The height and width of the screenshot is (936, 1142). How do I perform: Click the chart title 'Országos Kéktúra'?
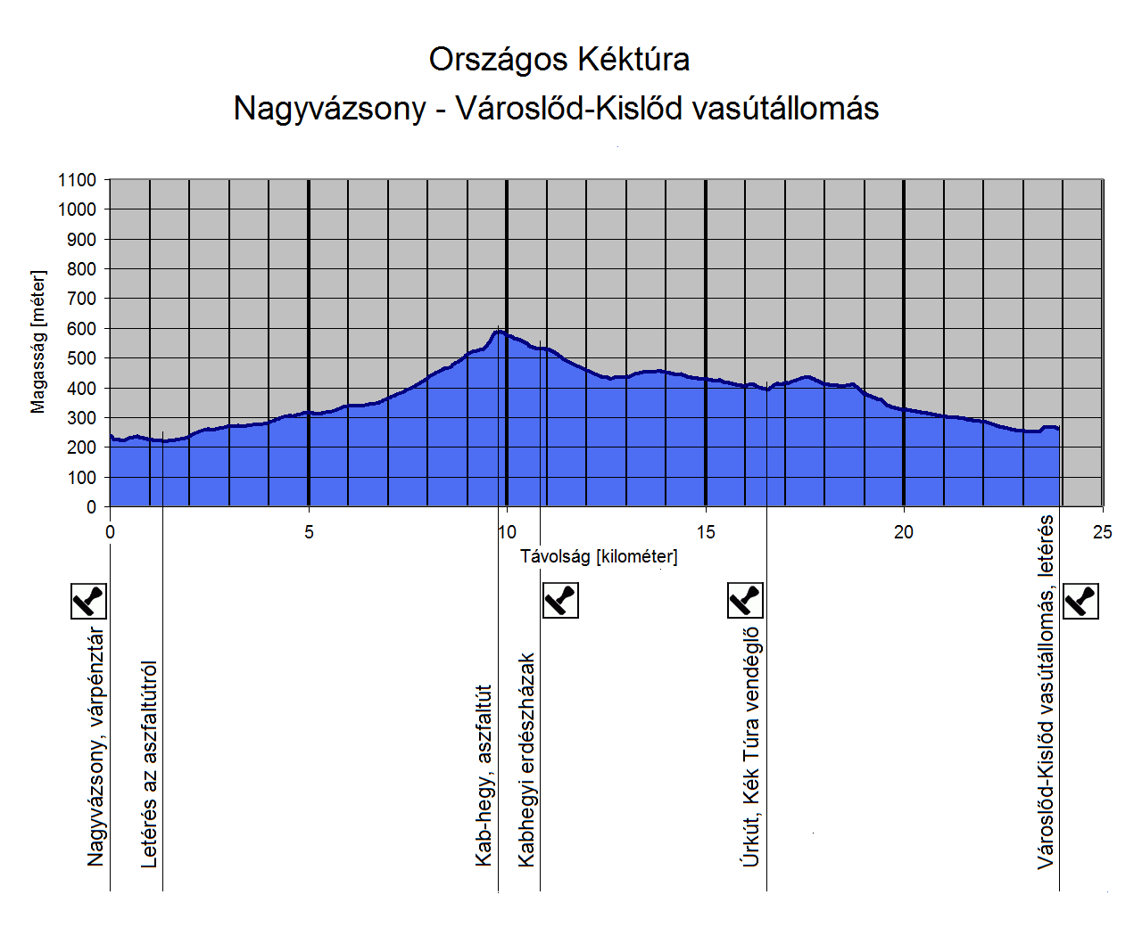coord(559,60)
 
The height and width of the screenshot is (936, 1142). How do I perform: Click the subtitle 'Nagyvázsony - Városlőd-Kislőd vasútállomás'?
coord(556,108)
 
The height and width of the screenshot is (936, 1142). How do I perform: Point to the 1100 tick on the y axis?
coord(78,180)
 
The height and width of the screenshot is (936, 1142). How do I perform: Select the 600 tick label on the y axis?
coord(81,329)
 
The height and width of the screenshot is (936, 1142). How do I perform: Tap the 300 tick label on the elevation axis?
coord(81,418)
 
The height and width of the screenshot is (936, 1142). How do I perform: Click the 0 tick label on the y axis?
coord(91,507)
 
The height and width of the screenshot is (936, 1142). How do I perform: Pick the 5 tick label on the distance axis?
coord(309,532)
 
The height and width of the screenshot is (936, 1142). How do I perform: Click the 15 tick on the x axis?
coord(706,532)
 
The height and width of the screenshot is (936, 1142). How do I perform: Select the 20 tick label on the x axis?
coord(904,532)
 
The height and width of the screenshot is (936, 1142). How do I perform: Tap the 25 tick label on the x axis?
coord(1103,532)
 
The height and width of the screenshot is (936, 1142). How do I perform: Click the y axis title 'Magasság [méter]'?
coord(37,342)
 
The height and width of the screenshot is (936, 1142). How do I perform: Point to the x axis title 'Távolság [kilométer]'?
coord(599,557)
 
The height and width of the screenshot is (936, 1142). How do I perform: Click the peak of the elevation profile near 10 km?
coord(499,332)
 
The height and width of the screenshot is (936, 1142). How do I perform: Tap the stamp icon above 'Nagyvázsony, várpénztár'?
coord(88,601)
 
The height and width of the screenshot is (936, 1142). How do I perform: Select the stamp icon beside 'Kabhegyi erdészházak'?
coord(561,600)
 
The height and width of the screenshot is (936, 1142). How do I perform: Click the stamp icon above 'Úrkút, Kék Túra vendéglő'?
coord(746,600)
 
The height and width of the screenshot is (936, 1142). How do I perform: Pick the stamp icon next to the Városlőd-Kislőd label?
coord(1081,601)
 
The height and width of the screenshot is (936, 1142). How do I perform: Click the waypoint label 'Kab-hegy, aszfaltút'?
coord(484,776)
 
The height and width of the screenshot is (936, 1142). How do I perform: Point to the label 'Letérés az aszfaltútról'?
coord(150,764)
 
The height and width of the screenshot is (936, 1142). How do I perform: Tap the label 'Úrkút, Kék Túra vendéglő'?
coord(751,747)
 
